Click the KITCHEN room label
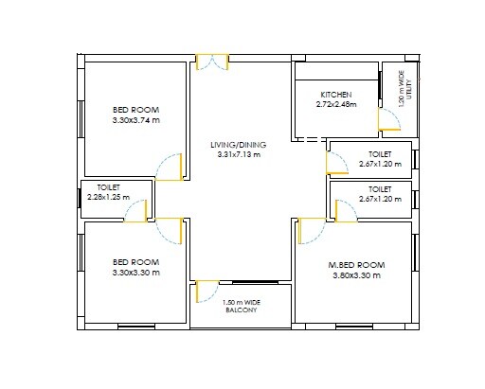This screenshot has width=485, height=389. (x=336, y=95)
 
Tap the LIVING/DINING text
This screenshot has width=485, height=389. (x=239, y=144)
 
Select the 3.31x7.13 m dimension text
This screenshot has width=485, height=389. (x=239, y=154)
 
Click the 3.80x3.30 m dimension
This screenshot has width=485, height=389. (x=355, y=275)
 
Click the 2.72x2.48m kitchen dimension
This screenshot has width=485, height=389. (x=336, y=105)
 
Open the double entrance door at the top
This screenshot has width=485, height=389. (x=212, y=62)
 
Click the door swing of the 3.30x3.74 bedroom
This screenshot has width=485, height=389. (x=169, y=168)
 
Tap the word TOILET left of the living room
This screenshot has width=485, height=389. (x=109, y=187)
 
